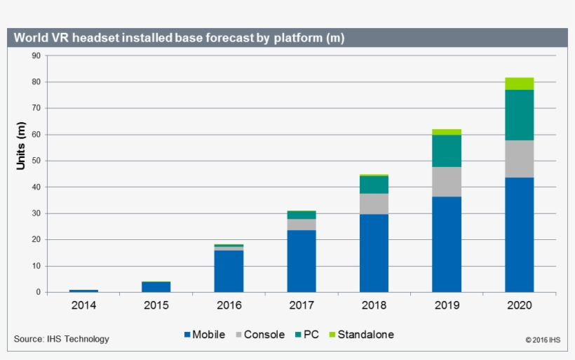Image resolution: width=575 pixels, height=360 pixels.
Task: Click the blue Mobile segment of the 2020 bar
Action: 519,234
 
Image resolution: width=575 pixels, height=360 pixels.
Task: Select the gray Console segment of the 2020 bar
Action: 519,159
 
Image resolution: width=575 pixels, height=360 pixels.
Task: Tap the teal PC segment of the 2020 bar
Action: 519,115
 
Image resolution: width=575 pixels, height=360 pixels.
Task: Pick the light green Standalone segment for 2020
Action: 519,84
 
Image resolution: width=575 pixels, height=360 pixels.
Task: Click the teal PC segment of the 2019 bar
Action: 447,151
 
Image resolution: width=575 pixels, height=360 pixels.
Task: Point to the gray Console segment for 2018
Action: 374,204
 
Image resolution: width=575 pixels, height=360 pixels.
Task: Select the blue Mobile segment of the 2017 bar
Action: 301,260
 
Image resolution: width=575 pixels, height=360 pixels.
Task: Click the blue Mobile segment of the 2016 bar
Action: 229,271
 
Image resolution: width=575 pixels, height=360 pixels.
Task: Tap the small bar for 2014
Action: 83,291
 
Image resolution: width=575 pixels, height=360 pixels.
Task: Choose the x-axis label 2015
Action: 156,305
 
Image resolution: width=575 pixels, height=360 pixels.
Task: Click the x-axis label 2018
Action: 374,305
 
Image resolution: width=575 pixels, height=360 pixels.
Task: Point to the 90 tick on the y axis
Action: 36,55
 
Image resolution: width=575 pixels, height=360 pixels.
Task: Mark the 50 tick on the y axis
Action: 36,161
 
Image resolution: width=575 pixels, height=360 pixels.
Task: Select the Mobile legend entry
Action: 204,335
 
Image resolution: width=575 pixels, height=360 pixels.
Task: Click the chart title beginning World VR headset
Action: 179,38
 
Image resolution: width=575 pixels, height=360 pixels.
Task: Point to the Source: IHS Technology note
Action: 62,340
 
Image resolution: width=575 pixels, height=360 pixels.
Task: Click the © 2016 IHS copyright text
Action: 543,340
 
